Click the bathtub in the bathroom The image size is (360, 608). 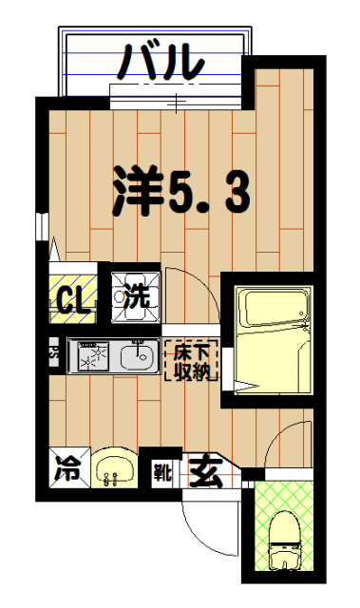274,309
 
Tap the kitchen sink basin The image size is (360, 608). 139,359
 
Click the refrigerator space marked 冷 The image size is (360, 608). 66,467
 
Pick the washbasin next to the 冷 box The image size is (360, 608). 115,467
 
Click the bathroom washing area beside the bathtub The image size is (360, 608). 274,366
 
